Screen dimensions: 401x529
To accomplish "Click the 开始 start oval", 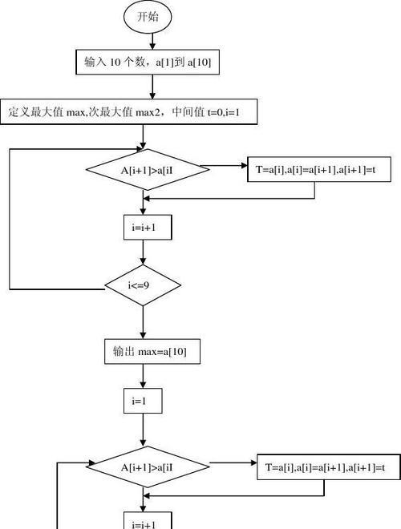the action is point(148,17).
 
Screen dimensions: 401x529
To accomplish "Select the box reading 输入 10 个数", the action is point(148,62).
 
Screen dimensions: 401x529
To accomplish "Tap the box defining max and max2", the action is point(128,111).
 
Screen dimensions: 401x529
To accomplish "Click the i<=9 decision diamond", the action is point(143,285).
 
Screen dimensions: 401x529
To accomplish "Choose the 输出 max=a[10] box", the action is point(152,352).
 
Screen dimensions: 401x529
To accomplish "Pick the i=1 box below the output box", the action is point(143,401).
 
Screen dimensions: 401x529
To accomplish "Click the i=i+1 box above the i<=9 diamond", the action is point(148,228).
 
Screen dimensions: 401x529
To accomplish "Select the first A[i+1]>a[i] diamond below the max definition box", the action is point(148,170).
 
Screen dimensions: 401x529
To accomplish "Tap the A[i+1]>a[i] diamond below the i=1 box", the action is point(148,467).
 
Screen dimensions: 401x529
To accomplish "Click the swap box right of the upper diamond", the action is point(319,169).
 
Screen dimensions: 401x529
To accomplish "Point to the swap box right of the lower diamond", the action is point(329,467).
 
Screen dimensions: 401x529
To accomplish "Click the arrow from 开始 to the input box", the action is point(152,42).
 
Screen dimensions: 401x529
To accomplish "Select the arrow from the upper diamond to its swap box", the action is point(224,166).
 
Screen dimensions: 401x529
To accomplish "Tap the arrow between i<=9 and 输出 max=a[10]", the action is point(143,322).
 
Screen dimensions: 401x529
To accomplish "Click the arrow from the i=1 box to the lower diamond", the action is point(143,430).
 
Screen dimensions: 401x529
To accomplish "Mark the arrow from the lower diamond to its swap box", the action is point(233,463).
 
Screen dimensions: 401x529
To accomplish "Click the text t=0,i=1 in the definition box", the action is point(223,112).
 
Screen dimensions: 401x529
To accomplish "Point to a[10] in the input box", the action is point(199,63).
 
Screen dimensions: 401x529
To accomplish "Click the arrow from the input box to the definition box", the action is point(152,87).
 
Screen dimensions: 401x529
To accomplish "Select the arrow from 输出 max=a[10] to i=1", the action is point(143,376).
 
